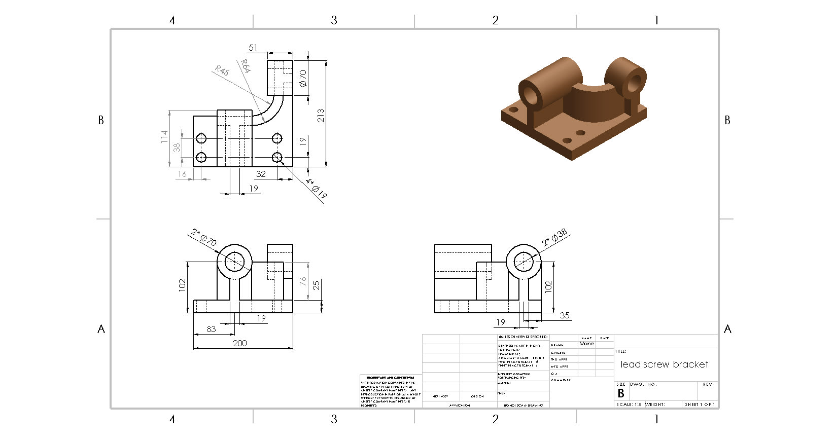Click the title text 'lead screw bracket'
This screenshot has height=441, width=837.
664,364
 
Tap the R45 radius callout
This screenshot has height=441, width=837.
222,70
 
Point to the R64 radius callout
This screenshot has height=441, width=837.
246,66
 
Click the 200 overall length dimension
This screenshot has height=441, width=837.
239,343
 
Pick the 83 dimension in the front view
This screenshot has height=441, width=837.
211,329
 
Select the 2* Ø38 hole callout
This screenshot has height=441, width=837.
554,238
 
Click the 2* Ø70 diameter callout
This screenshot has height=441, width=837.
204,237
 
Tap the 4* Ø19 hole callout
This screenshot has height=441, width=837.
317,189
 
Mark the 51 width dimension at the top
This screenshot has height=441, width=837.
253,48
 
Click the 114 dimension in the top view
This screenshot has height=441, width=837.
164,137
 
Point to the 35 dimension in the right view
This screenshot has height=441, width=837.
565,315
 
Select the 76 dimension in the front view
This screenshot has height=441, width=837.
303,281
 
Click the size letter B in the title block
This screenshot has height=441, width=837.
620,393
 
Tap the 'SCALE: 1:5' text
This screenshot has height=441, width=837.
629,405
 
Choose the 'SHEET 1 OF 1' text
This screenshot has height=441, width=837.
700,405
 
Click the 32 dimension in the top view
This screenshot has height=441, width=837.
261,174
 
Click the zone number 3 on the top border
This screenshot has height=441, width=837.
334,20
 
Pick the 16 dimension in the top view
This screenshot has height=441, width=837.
182,174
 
